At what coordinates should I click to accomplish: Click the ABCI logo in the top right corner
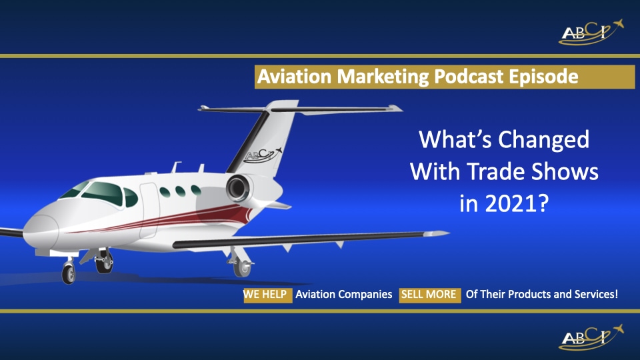pos(591,31)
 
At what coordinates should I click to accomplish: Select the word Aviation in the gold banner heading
pos(294,77)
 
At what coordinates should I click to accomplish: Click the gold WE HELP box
pos(267,293)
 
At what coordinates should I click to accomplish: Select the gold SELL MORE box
pos(430,293)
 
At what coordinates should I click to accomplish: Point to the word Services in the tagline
pos(591,293)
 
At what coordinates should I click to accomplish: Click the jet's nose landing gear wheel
pos(69,273)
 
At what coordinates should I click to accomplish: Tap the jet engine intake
pos(236,188)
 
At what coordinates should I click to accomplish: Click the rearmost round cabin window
pos(196,190)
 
